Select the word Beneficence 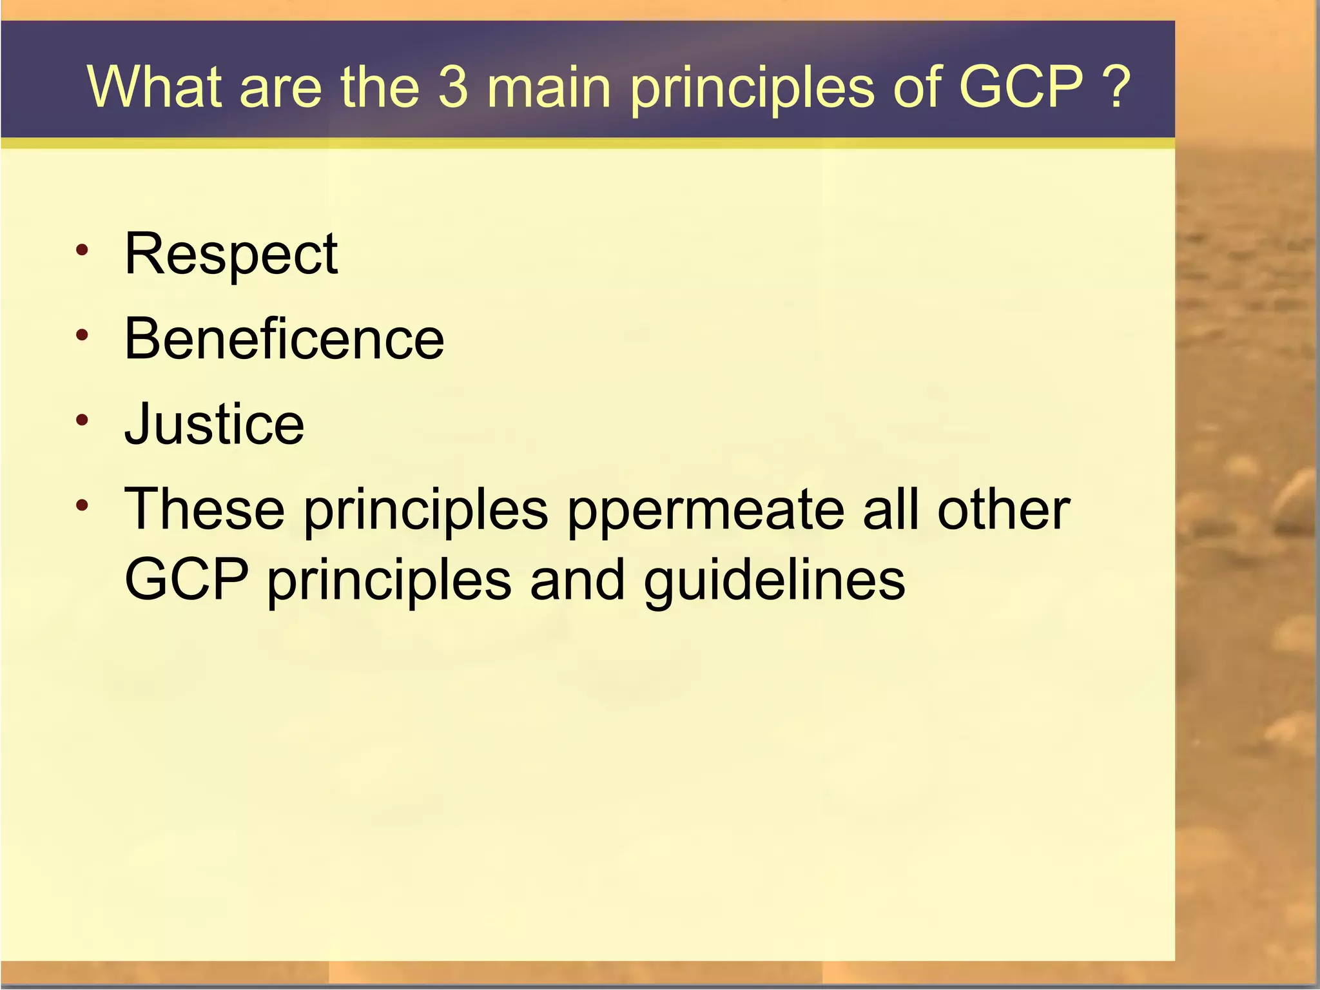tap(284, 340)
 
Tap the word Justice tap(214, 425)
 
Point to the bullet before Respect tap(81, 251)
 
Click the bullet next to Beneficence tap(81, 335)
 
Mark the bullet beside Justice tap(81, 421)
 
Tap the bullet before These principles tap(81, 505)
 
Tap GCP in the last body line tap(186, 579)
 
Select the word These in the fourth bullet tap(204, 510)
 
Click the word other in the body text tap(1004, 510)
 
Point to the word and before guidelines tap(577, 579)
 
